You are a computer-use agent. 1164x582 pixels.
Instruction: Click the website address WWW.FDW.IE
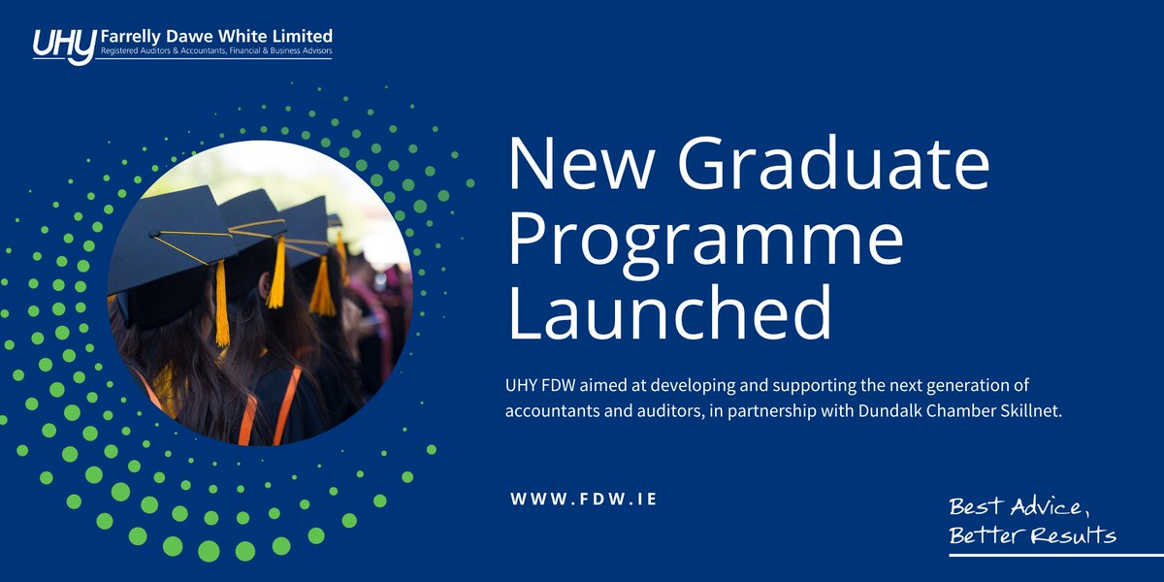click(x=584, y=499)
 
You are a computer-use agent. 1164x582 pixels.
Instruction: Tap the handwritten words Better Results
click(x=1032, y=535)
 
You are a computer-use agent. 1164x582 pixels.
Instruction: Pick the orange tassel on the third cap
click(x=322, y=285)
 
